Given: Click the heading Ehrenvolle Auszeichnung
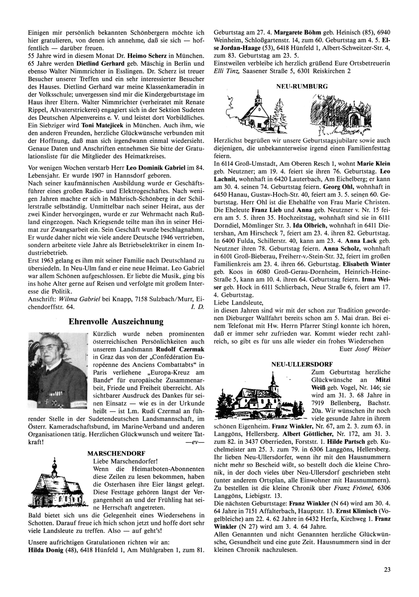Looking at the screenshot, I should click(116, 322).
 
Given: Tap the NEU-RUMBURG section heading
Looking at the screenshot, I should click(302, 86).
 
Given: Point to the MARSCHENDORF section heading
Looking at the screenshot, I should click(116, 453).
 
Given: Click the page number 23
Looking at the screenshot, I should click(387, 569).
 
